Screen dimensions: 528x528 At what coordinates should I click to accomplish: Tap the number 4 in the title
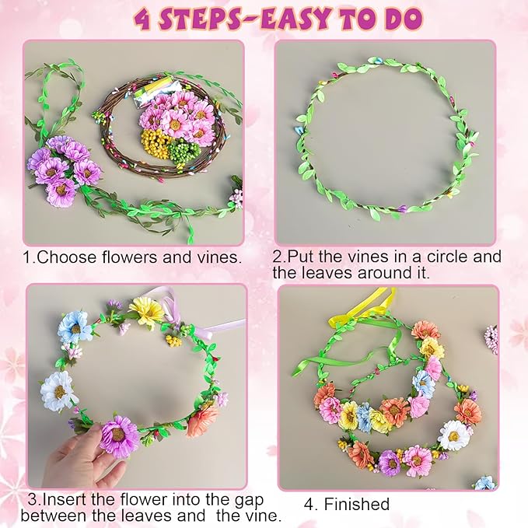[142, 19]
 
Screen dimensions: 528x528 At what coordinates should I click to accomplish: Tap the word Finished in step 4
[357, 504]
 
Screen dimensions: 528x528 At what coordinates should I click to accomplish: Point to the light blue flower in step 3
[75, 327]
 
